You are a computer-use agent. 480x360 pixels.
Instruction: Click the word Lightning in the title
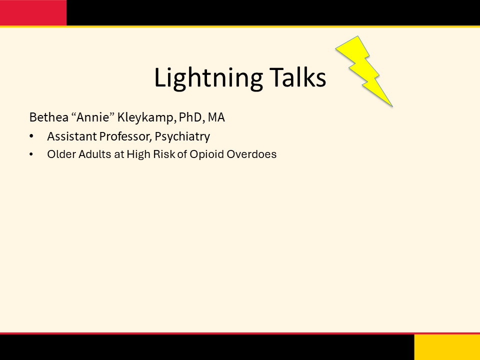[208, 78]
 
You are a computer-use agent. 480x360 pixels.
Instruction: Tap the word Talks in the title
[298, 76]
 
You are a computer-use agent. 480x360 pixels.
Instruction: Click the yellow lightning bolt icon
[364, 71]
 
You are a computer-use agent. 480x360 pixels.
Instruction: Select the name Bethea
[48, 117]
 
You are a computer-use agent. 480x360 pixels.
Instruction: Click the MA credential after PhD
[216, 117]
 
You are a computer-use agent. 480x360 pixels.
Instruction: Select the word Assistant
[71, 136]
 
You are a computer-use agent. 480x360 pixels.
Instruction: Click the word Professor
[125, 136]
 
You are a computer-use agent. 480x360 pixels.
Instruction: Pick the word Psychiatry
[182, 137]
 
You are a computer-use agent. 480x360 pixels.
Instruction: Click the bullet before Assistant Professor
[31, 136]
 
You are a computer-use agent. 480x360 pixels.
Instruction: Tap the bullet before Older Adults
[31, 154]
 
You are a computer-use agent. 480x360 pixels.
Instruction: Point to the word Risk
[164, 154]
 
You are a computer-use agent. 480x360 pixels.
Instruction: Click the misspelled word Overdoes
[251, 154]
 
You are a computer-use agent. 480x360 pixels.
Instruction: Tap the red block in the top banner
[33, 12]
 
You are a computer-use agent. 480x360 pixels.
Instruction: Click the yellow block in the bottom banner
[447, 347]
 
